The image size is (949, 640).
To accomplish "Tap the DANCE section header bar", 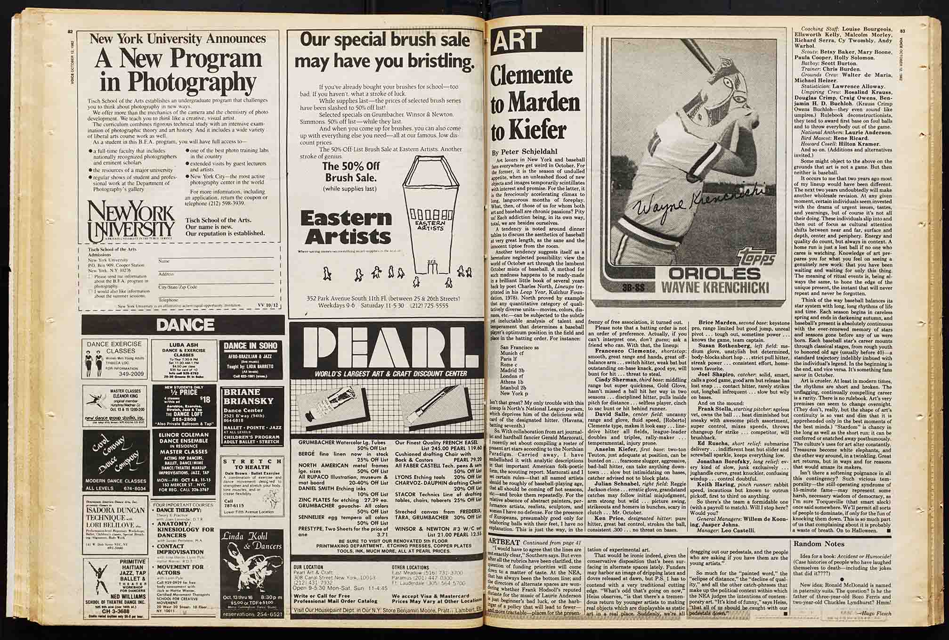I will (x=185, y=324).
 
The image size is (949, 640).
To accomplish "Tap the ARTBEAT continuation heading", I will (x=505, y=543).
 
